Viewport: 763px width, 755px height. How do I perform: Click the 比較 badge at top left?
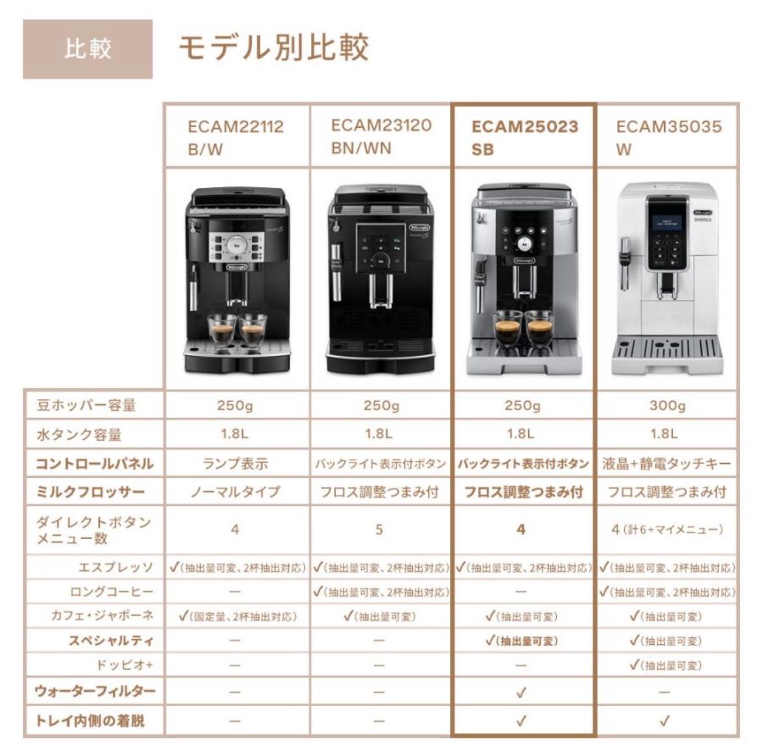click(x=87, y=49)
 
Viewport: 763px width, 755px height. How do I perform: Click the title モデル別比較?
click(x=273, y=48)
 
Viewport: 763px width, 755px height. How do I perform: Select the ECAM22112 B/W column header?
click(x=235, y=137)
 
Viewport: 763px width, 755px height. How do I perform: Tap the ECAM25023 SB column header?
click(x=524, y=137)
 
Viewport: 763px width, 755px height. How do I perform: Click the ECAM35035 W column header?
click(x=668, y=137)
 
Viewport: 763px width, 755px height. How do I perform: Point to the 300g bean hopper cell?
click(x=667, y=406)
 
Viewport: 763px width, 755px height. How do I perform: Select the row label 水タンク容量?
click(x=79, y=435)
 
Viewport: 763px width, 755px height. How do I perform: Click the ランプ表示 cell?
click(x=235, y=464)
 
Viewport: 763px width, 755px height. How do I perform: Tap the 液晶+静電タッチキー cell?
click(x=666, y=464)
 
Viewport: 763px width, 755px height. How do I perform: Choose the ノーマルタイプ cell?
click(x=235, y=492)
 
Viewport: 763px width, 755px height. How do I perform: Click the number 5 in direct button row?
click(x=379, y=529)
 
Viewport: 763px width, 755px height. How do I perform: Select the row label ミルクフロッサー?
click(x=90, y=492)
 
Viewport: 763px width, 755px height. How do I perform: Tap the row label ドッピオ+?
click(x=124, y=666)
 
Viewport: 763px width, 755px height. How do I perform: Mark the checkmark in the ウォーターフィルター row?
click(x=520, y=692)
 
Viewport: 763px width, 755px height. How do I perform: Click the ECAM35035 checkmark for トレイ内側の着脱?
click(x=665, y=721)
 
